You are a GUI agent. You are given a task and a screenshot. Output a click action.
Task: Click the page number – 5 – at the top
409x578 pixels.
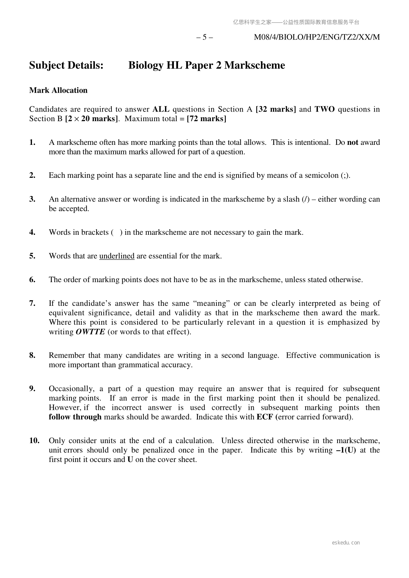204,37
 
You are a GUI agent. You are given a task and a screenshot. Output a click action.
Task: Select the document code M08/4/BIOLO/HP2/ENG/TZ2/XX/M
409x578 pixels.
317,37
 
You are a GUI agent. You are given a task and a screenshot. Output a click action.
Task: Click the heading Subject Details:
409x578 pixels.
66,65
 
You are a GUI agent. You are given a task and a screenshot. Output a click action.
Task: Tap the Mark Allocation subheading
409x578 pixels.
58,90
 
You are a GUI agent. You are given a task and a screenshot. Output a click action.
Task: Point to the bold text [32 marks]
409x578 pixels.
276,109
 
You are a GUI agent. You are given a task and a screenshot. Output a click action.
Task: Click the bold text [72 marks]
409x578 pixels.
206,119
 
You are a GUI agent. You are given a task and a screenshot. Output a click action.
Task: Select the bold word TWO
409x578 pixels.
324,109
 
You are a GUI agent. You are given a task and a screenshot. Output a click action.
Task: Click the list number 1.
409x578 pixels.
32,142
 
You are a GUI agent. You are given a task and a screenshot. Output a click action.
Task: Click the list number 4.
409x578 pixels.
32,232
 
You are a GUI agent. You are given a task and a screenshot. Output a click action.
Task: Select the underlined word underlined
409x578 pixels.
117,256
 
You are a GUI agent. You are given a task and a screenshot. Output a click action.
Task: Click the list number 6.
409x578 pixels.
32,280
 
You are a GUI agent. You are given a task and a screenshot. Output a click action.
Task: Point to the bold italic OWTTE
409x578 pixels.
90,332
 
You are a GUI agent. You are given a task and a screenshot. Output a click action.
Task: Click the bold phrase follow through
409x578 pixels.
75,417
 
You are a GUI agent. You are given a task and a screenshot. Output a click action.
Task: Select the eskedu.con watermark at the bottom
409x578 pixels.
346,543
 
